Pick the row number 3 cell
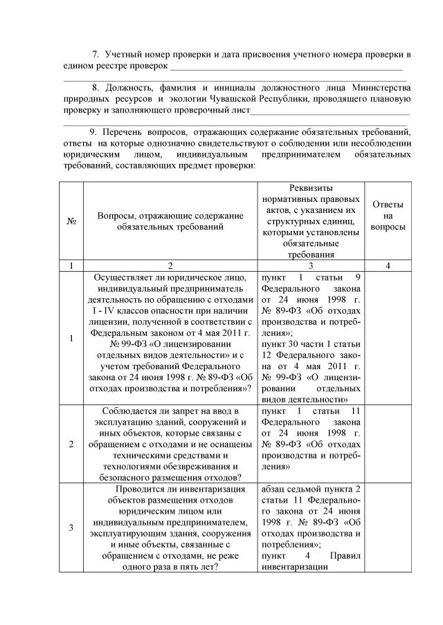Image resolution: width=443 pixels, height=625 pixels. point(71,528)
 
